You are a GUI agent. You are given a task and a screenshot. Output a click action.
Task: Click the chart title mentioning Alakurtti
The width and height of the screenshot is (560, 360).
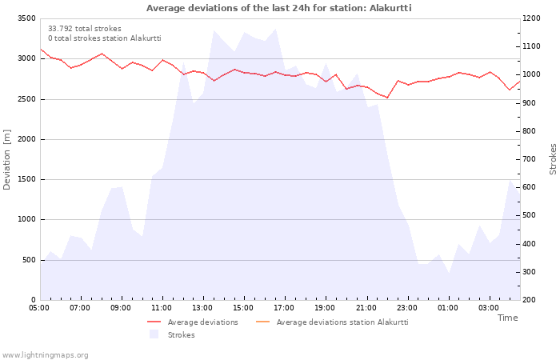point(278,8)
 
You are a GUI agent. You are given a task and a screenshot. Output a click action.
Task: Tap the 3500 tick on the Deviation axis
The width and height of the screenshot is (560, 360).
point(26,18)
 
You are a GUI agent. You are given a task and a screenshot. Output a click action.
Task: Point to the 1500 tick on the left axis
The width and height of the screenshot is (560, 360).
point(26,179)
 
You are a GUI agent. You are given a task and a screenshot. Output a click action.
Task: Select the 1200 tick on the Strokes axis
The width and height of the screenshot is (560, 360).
point(531,18)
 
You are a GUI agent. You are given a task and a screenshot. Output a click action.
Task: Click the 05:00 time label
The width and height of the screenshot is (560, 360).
point(39,308)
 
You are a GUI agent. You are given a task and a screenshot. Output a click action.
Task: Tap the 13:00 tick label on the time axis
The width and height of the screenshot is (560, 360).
point(202,308)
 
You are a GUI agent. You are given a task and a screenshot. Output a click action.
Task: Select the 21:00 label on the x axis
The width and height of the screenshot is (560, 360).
point(366,308)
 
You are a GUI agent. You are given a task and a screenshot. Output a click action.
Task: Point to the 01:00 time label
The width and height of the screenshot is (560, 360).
point(448,308)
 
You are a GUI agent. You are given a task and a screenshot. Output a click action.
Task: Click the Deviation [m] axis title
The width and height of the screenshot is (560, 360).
point(6,160)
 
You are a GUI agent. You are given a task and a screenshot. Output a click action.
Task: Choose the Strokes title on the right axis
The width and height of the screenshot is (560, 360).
point(553,159)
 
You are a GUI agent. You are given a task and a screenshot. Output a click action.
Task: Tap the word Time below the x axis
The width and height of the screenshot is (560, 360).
point(507,318)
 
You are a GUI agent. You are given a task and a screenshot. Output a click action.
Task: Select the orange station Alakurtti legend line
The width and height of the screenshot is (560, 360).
point(263,322)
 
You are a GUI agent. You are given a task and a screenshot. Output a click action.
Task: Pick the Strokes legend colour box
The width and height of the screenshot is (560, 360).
point(154,334)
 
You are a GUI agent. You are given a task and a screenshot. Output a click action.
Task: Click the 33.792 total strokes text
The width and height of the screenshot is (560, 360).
point(85,29)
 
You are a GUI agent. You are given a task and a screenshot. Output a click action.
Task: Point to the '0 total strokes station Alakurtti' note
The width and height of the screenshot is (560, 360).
point(105,38)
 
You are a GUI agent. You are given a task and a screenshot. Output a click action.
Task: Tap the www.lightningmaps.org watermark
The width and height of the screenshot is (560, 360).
point(45,355)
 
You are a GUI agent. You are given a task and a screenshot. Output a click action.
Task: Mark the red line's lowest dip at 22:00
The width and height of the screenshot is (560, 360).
point(387,98)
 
